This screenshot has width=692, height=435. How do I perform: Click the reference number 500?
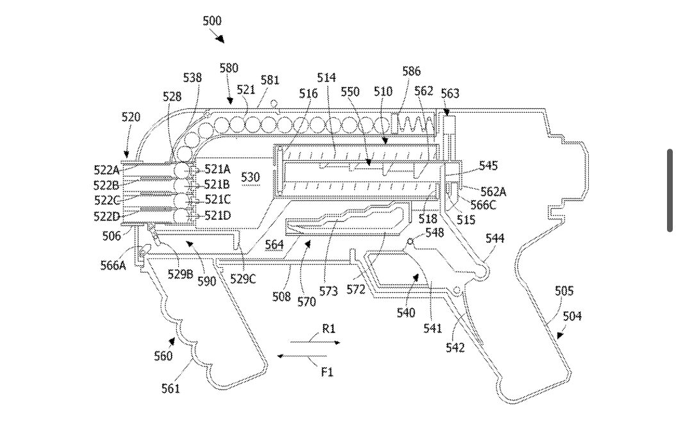click(212, 21)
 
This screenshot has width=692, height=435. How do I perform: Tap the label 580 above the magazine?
click(229, 68)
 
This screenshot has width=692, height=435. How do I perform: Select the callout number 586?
click(411, 72)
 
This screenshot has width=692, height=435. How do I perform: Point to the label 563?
click(450, 94)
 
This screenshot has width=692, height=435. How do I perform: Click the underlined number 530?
click(251, 177)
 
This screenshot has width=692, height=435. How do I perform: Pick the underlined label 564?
click(274, 244)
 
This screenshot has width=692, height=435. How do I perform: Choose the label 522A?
click(106, 170)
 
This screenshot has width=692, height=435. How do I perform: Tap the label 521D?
click(218, 215)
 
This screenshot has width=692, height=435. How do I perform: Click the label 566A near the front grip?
click(113, 265)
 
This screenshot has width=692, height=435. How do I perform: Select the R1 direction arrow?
click(315, 342)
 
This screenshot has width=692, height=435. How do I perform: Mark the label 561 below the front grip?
click(170, 388)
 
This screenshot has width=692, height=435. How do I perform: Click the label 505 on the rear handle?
click(564, 291)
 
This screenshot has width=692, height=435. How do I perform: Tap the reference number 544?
click(495, 238)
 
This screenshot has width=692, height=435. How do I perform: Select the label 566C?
click(484, 205)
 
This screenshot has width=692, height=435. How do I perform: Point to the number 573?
click(329, 291)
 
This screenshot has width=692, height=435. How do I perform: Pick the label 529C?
click(243, 279)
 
